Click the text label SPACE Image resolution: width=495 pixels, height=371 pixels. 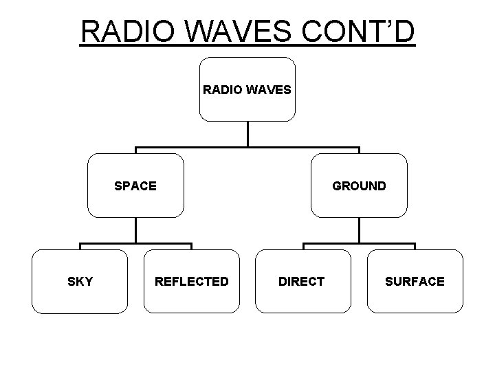(135, 185)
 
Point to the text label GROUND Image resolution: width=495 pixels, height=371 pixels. (359, 185)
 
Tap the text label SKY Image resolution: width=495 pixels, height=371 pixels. (80, 281)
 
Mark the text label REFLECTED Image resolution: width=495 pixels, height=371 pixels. (192, 281)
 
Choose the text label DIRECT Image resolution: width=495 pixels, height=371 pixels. (302, 281)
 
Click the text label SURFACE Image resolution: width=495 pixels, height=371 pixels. (415, 281)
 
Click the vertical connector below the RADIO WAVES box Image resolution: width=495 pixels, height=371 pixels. (247, 133)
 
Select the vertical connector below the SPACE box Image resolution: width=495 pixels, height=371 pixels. (135, 230)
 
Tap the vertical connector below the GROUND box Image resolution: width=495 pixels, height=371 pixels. (359, 230)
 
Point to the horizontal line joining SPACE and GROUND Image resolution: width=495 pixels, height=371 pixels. (302, 148)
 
